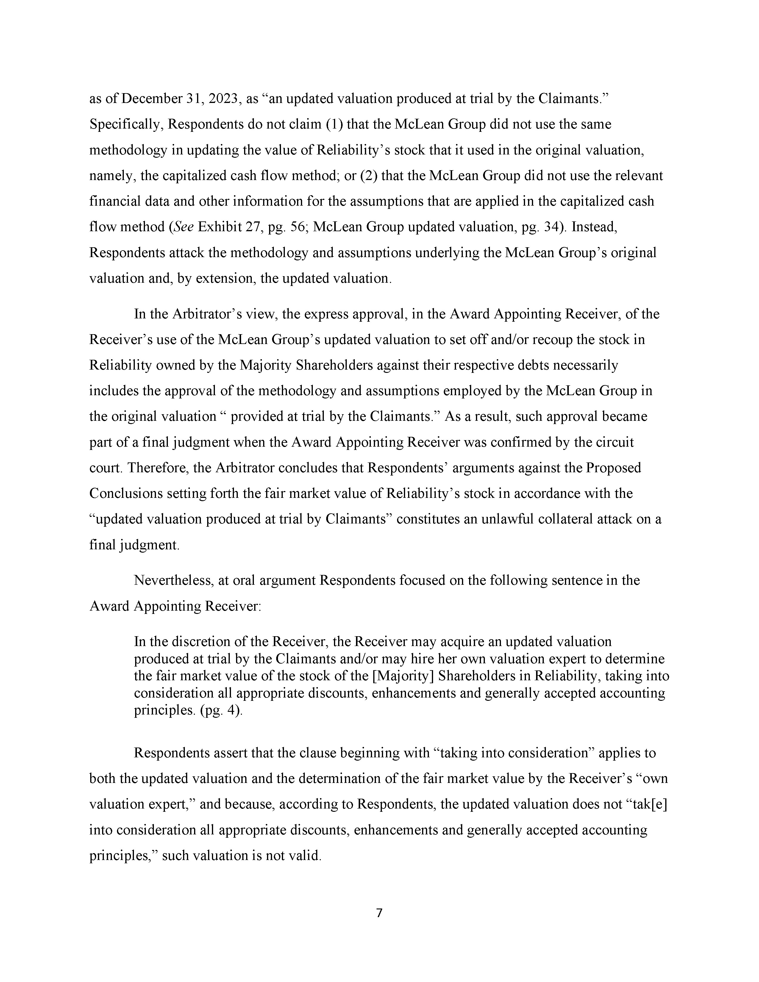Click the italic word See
(x=183, y=227)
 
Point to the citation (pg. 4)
(x=221, y=711)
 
